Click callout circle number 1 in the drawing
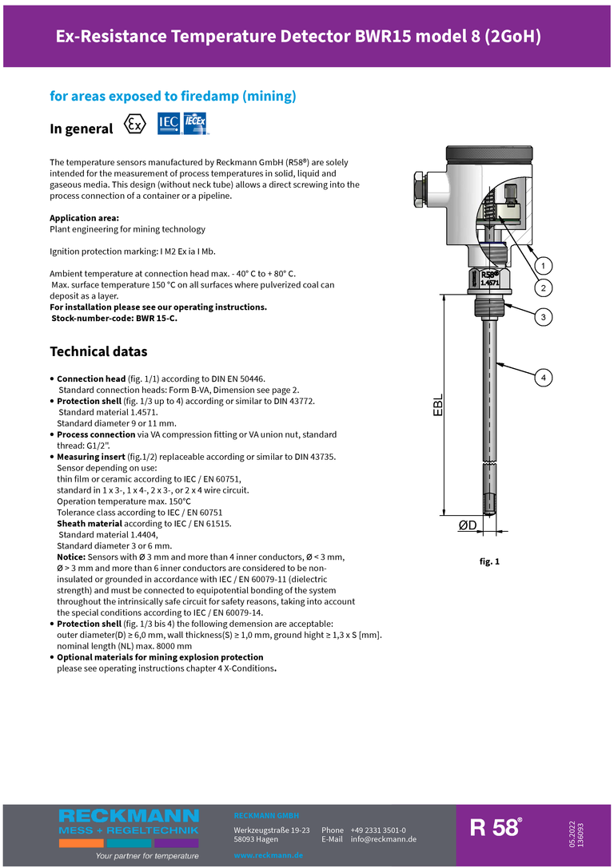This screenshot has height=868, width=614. pos(542,266)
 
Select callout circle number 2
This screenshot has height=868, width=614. pos(542,287)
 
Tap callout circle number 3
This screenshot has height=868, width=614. pos(542,317)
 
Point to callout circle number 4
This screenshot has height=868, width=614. pos(542,376)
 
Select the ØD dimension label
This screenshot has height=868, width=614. pos(468,525)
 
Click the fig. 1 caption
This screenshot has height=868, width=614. pos(489,562)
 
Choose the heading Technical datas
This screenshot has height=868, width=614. pos(98,351)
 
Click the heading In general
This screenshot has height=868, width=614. pos(81,129)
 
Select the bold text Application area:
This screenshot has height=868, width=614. pos(84,218)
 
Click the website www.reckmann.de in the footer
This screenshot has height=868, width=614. pos(268,855)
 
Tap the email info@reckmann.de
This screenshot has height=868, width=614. pos(383,839)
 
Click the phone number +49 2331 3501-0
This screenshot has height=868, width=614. pos(378,830)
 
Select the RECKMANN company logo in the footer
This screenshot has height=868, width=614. pos(128,822)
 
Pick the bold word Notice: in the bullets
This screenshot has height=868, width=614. pos(78,557)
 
